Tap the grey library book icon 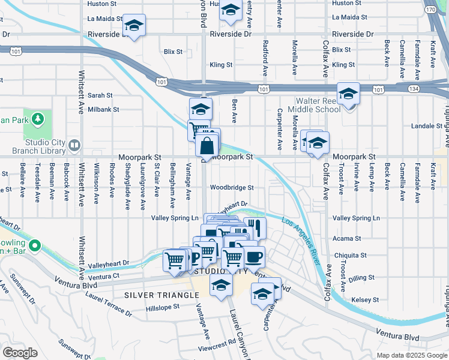[x=74, y=145]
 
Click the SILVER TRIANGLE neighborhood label [x=161, y=295]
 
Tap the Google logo [x=20, y=353]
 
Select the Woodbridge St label [x=232, y=187]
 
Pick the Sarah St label [x=100, y=95]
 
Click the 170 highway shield [x=430, y=10]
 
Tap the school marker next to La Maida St [x=134, y=25]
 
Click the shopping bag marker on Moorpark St [x=206, y=146]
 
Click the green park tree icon [x=37, y=119]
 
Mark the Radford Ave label [x=265, y=53]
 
